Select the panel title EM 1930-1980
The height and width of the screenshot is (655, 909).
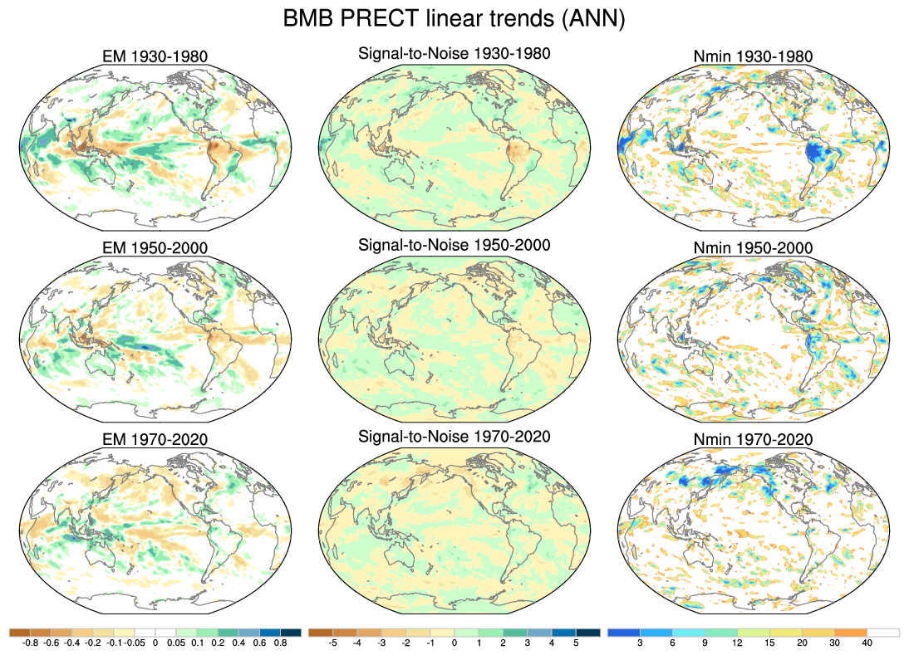[153, 57]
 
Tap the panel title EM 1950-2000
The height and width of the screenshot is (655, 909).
[153, 248]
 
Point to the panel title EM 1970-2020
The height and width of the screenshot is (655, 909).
[153, 439]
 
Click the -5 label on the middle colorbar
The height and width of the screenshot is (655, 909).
[332, 643]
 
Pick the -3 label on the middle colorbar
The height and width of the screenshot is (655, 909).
[381, 643]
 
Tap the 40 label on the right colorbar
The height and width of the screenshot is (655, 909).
[867, 643]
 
